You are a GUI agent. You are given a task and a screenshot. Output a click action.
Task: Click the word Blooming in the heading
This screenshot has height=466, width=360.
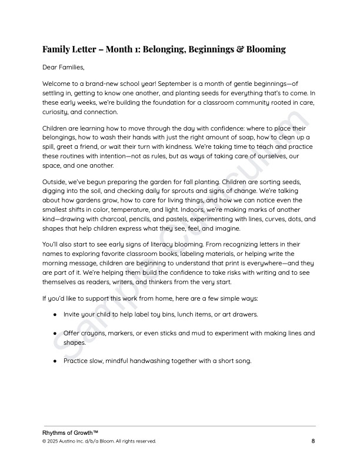261,49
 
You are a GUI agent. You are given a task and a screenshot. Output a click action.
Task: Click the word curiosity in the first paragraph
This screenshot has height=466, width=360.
58,112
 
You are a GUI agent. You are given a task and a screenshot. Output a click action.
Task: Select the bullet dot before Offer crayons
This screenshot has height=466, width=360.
55,334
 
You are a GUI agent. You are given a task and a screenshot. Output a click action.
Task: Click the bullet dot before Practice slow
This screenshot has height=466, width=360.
55,361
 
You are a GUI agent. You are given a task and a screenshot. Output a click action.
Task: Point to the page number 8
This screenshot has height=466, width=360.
314,441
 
